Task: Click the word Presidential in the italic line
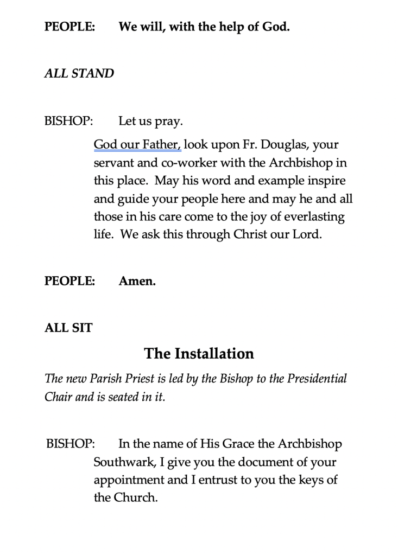(317, 379)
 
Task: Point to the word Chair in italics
(56, 396)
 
